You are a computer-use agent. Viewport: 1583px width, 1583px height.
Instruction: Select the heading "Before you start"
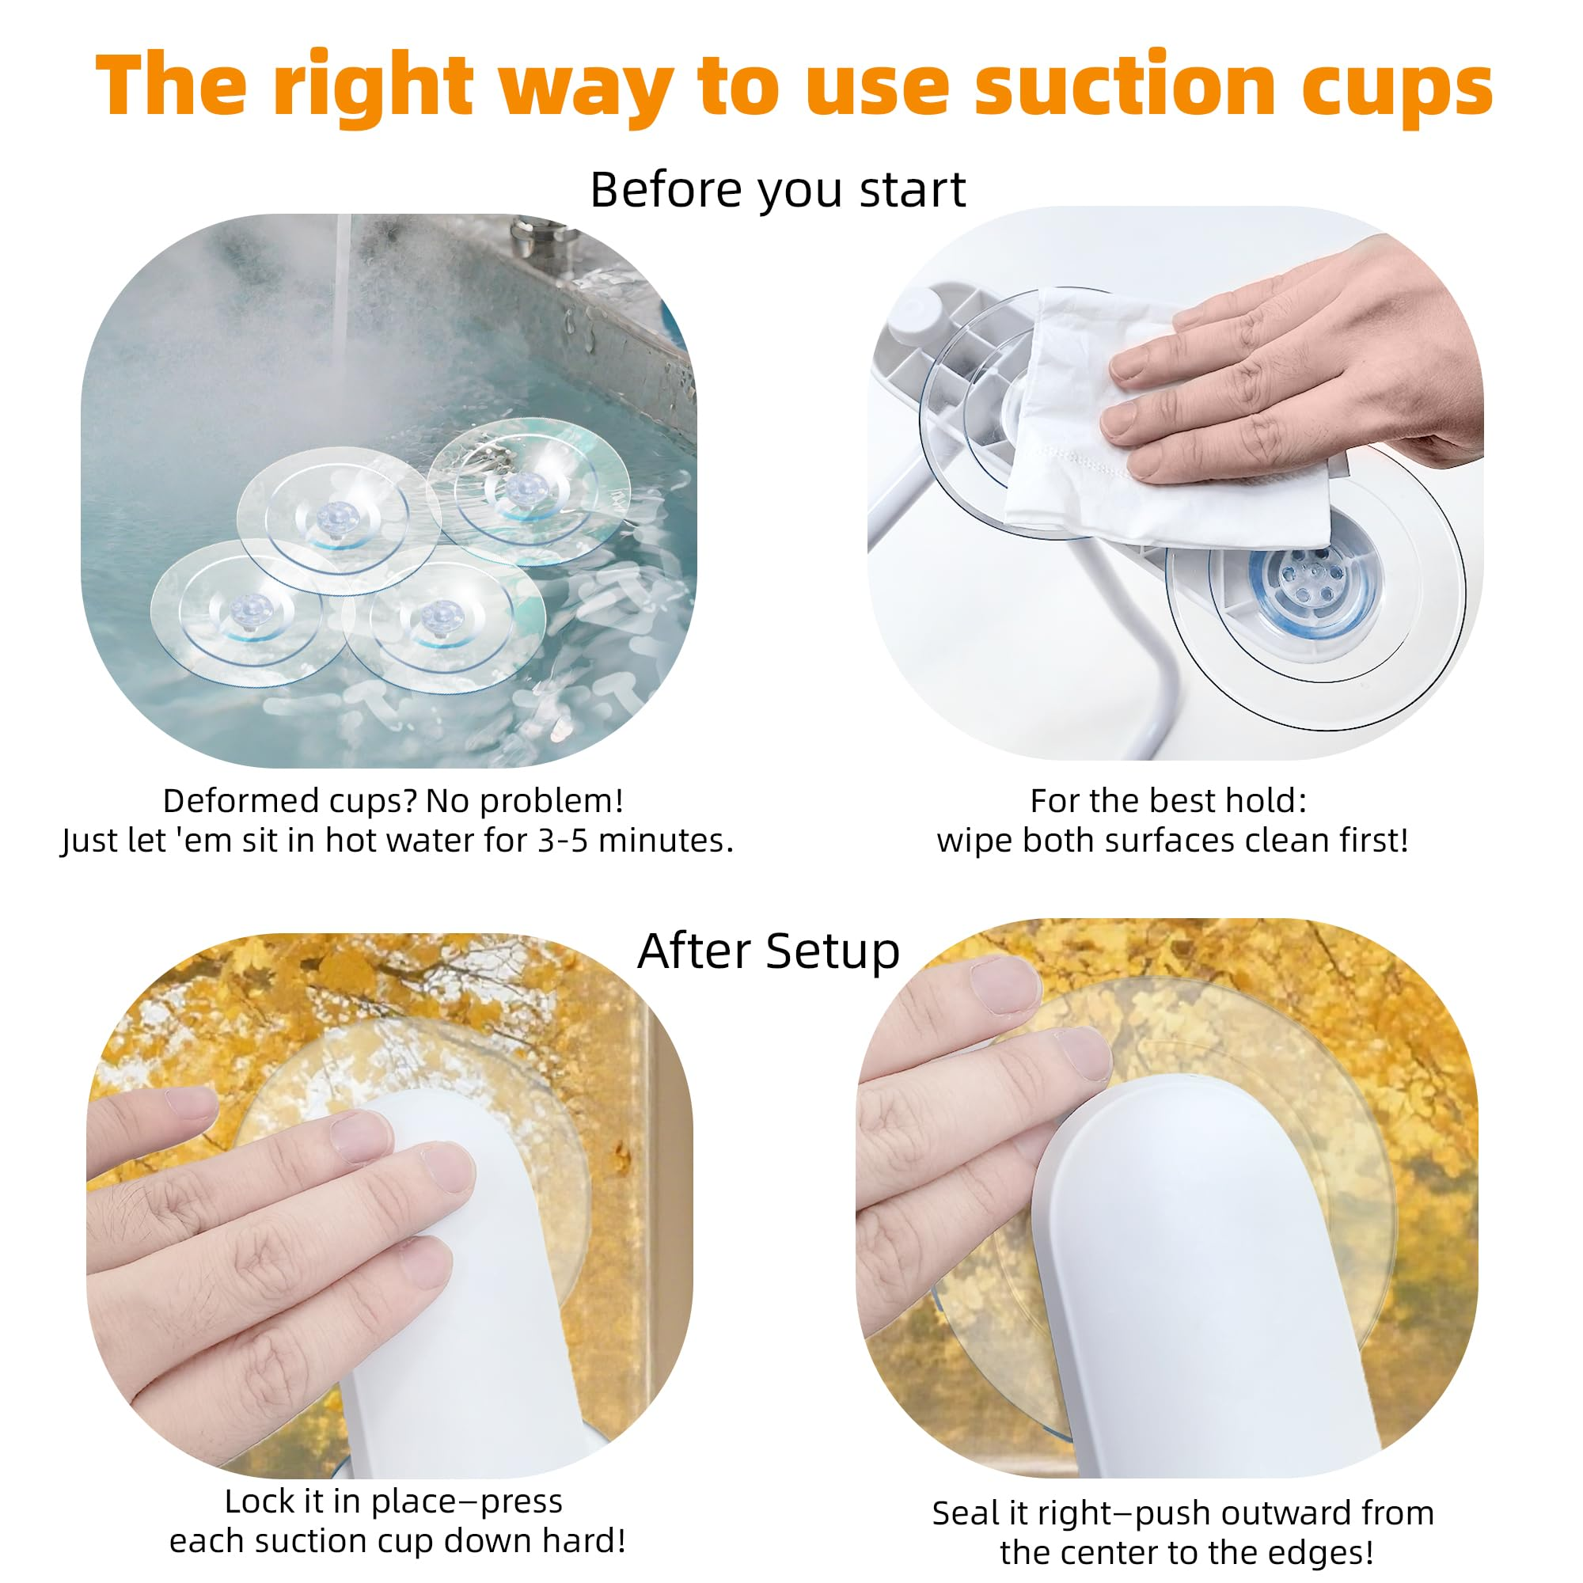(777, 189)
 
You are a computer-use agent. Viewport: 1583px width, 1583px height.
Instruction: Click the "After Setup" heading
(769, 951)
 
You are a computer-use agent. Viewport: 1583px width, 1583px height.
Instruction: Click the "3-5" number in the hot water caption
(563, 840)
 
